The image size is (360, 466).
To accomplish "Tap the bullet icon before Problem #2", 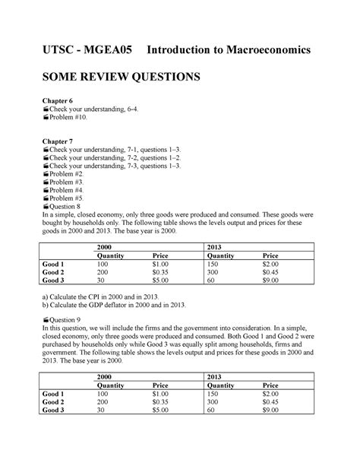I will pyautogui.click(x=47, y=173).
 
